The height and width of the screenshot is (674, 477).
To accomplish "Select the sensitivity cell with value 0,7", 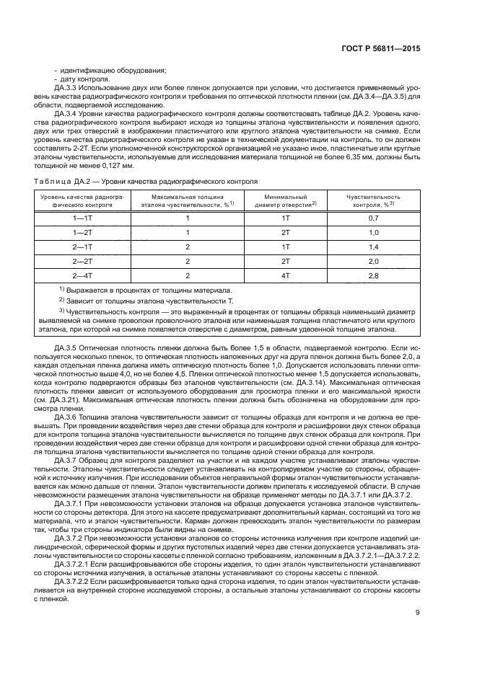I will pyautogui.click(x=373, y=217).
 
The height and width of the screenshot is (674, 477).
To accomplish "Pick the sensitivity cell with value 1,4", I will pyautogui.click(x=373, y=247).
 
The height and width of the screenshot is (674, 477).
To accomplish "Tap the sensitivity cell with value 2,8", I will pyautogui.click(x=373, y=275).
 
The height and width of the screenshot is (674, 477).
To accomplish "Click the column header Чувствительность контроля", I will pyautogui.click(x=373, y=200).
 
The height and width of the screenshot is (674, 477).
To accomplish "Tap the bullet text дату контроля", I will pyautogui.click(x=76, y=78).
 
